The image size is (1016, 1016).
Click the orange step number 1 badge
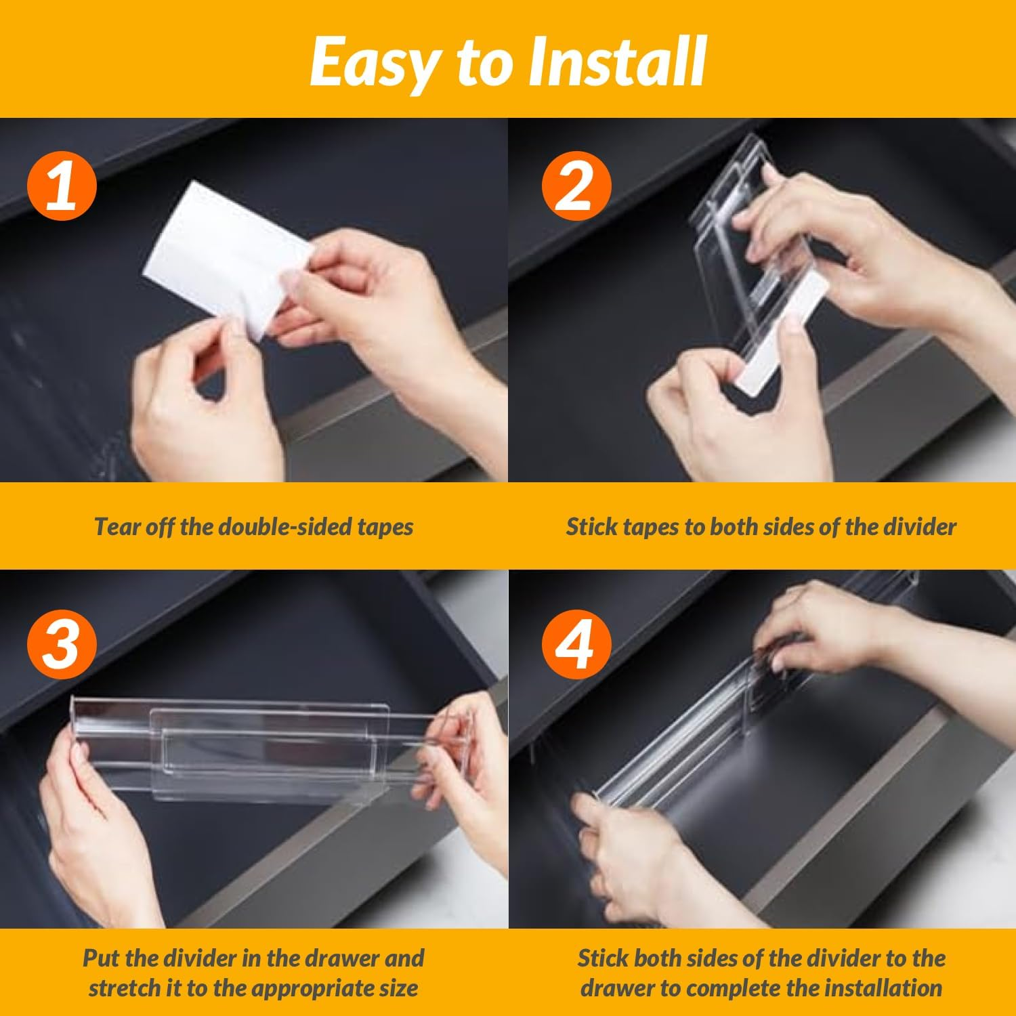62,185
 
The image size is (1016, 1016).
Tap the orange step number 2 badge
576,185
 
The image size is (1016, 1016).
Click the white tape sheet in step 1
224,257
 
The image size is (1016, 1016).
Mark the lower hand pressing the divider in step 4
623,853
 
